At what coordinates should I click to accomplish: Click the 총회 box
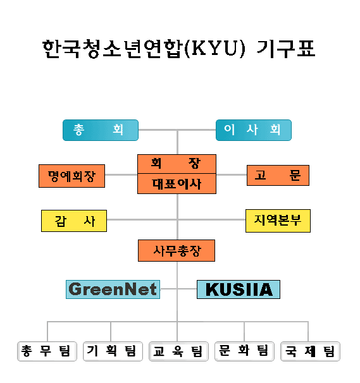tap(101, 130)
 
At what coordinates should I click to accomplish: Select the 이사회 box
tap(254, 130)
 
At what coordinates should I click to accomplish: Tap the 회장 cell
tap(177, 164)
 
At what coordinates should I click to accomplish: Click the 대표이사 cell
tap(177, 184)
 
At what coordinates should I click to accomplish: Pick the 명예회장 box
tap(71, 176)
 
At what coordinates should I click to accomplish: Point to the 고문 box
tap(278, 175)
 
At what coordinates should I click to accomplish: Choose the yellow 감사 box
tap(74, 221)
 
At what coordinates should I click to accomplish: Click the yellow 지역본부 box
tap(278, 221)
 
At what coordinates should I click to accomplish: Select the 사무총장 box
tap(177, 251)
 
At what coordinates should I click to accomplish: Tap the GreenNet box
tap(113, 289)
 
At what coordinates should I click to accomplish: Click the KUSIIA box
tap(239, 289)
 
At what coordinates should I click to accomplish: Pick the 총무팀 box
tap(47, 351)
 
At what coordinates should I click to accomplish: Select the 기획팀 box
tap(113, 351)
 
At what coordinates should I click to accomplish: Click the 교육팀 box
tap(178, 351)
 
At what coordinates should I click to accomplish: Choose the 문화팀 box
tap(244, 351)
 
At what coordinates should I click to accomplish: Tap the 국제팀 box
tap(311, 351)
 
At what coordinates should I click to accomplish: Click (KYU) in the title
tap(214, 49)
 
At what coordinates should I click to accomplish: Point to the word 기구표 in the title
tap(286, 49)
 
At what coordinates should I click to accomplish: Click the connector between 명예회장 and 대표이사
tap(121, 174)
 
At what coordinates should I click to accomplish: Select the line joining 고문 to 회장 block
tap(232, 174)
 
